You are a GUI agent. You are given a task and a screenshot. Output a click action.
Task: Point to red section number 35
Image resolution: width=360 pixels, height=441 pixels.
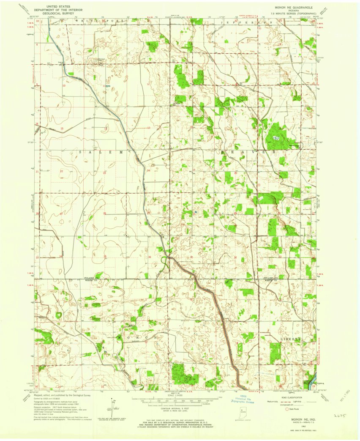pos(105,257)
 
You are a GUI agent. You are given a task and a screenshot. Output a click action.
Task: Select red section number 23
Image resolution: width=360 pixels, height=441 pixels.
pos(104,173)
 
